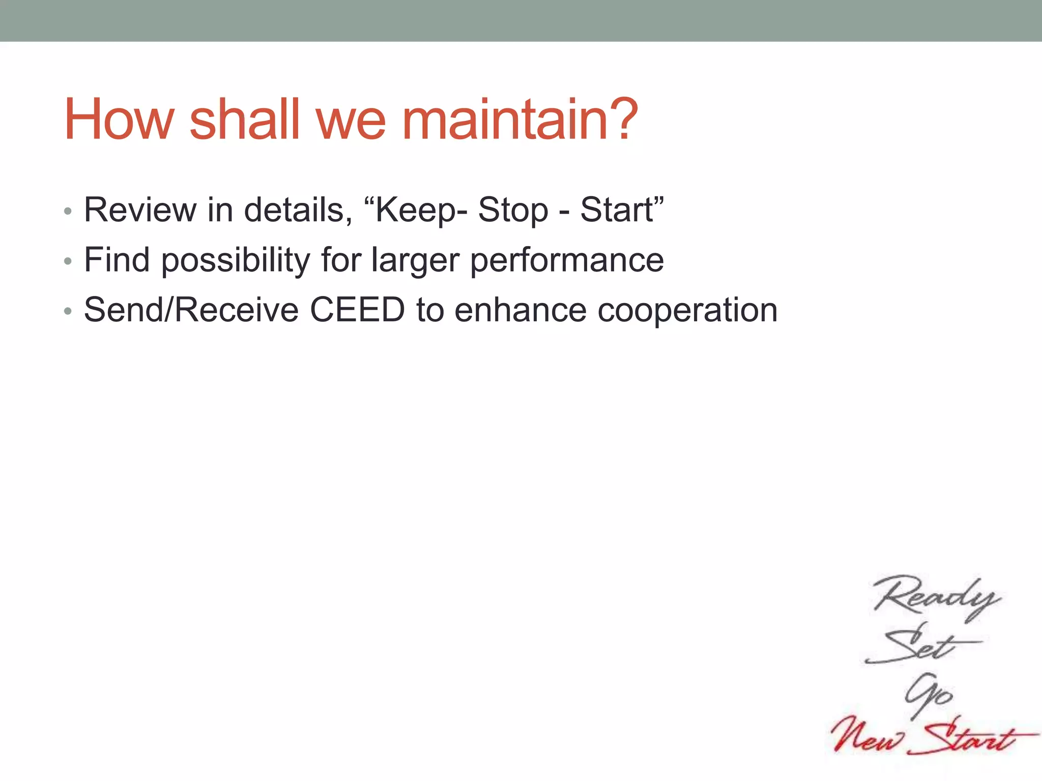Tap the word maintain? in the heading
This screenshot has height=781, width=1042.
click(519, 120)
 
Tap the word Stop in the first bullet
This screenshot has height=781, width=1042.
click(513, 209)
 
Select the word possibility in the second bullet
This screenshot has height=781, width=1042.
click(235, 260)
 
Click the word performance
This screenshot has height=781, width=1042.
click(567, 260)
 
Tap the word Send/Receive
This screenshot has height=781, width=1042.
click(191, 310)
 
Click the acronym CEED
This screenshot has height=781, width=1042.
click(357, 310)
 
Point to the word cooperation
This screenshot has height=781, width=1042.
click(687, 310)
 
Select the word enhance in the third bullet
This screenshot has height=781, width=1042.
click(520, 310)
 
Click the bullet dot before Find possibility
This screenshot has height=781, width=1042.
click(68, 261)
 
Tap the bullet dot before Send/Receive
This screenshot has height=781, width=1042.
click(68, 311)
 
